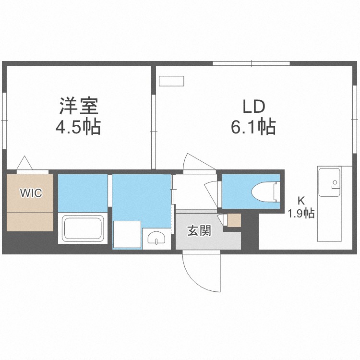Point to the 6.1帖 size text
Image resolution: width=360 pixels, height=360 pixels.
click(253, 127)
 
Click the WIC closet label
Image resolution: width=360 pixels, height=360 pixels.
click(31, 193)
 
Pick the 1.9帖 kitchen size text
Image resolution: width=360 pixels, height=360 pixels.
click(301, 213)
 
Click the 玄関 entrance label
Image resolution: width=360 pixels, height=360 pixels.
click(199, 231)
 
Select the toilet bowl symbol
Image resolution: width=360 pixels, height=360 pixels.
click(264, 192)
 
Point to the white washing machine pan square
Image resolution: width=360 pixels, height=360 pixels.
click(127, 235)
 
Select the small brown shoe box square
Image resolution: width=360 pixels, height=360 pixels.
click(234, 220)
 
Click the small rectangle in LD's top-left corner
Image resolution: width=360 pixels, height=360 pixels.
click(171, 81)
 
